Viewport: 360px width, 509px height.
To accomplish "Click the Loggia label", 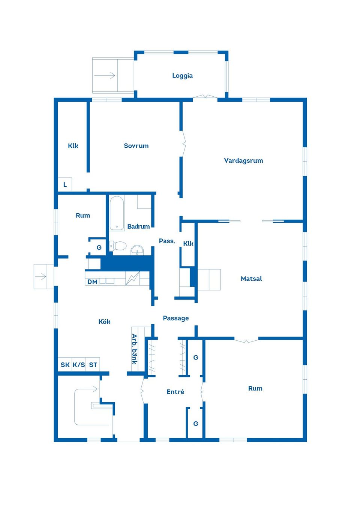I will pos(182,76).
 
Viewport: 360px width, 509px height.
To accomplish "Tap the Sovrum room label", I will pos(136,146).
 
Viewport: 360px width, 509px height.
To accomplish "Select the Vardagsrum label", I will pos(243,161).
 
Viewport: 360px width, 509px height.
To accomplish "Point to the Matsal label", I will pos(251,279).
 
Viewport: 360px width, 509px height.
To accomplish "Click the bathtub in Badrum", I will pos(117,213).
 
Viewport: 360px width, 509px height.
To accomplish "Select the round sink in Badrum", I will pos(137,250).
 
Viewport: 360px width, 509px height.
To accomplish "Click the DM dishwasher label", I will pos(92,282).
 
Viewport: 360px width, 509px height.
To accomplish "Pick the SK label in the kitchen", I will pos(65,365).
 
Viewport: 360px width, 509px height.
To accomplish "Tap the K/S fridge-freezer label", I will pos(79,365).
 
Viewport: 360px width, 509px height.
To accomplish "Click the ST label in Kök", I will pos(93,365).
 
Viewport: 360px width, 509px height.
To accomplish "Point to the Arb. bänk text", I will pos(134,349).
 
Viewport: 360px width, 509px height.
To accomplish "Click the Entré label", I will pos(175,392).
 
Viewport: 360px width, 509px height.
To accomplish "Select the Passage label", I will pos(175,318).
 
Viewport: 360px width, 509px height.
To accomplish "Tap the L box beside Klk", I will pos(65,184).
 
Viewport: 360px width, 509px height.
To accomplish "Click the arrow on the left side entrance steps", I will pos(41,277).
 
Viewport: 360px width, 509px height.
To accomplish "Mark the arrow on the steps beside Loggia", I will pos(105,75).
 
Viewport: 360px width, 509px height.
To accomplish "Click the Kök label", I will pos(104,322).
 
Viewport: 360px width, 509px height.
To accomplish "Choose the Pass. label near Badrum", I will pos(167,241).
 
